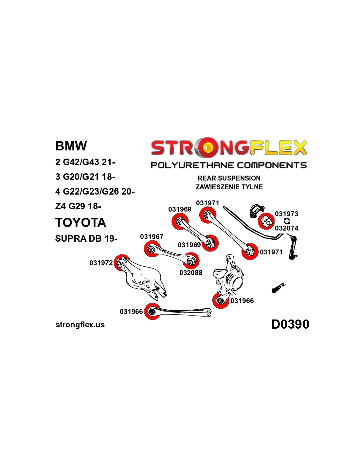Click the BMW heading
coord(71,146)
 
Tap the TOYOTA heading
coord(81,223)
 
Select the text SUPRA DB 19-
coord(86,239)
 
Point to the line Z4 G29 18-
coord(78,206)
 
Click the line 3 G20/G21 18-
coord(85,177)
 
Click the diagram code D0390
coord(290,324)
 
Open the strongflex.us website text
coord(80,325)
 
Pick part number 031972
coord(101,263)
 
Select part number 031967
coord(152,237)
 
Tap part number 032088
coord(191,273)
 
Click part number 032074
coord(287,228)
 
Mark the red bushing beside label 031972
coord(121,263)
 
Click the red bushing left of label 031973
coord(266,221)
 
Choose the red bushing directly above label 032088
coord(191,261)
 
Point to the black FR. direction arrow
coord(276,289)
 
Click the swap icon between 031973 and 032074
coord(287,221)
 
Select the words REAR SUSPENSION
coord(229,178)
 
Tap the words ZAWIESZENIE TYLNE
coord(229,187)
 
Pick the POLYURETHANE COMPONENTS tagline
coord(229,165)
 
